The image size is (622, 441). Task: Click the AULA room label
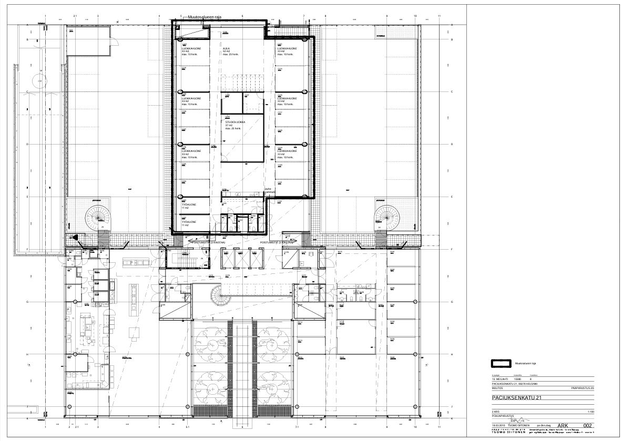[227, 48]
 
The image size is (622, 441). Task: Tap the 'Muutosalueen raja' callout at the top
[205, 17]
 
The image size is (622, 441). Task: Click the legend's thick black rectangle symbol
[500, 363]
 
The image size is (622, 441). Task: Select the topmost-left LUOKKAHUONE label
[191, 48]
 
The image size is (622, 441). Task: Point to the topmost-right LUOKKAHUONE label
[287, 48]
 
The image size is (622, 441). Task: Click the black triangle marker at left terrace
[77, 238]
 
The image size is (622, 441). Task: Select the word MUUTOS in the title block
[497, 388]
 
